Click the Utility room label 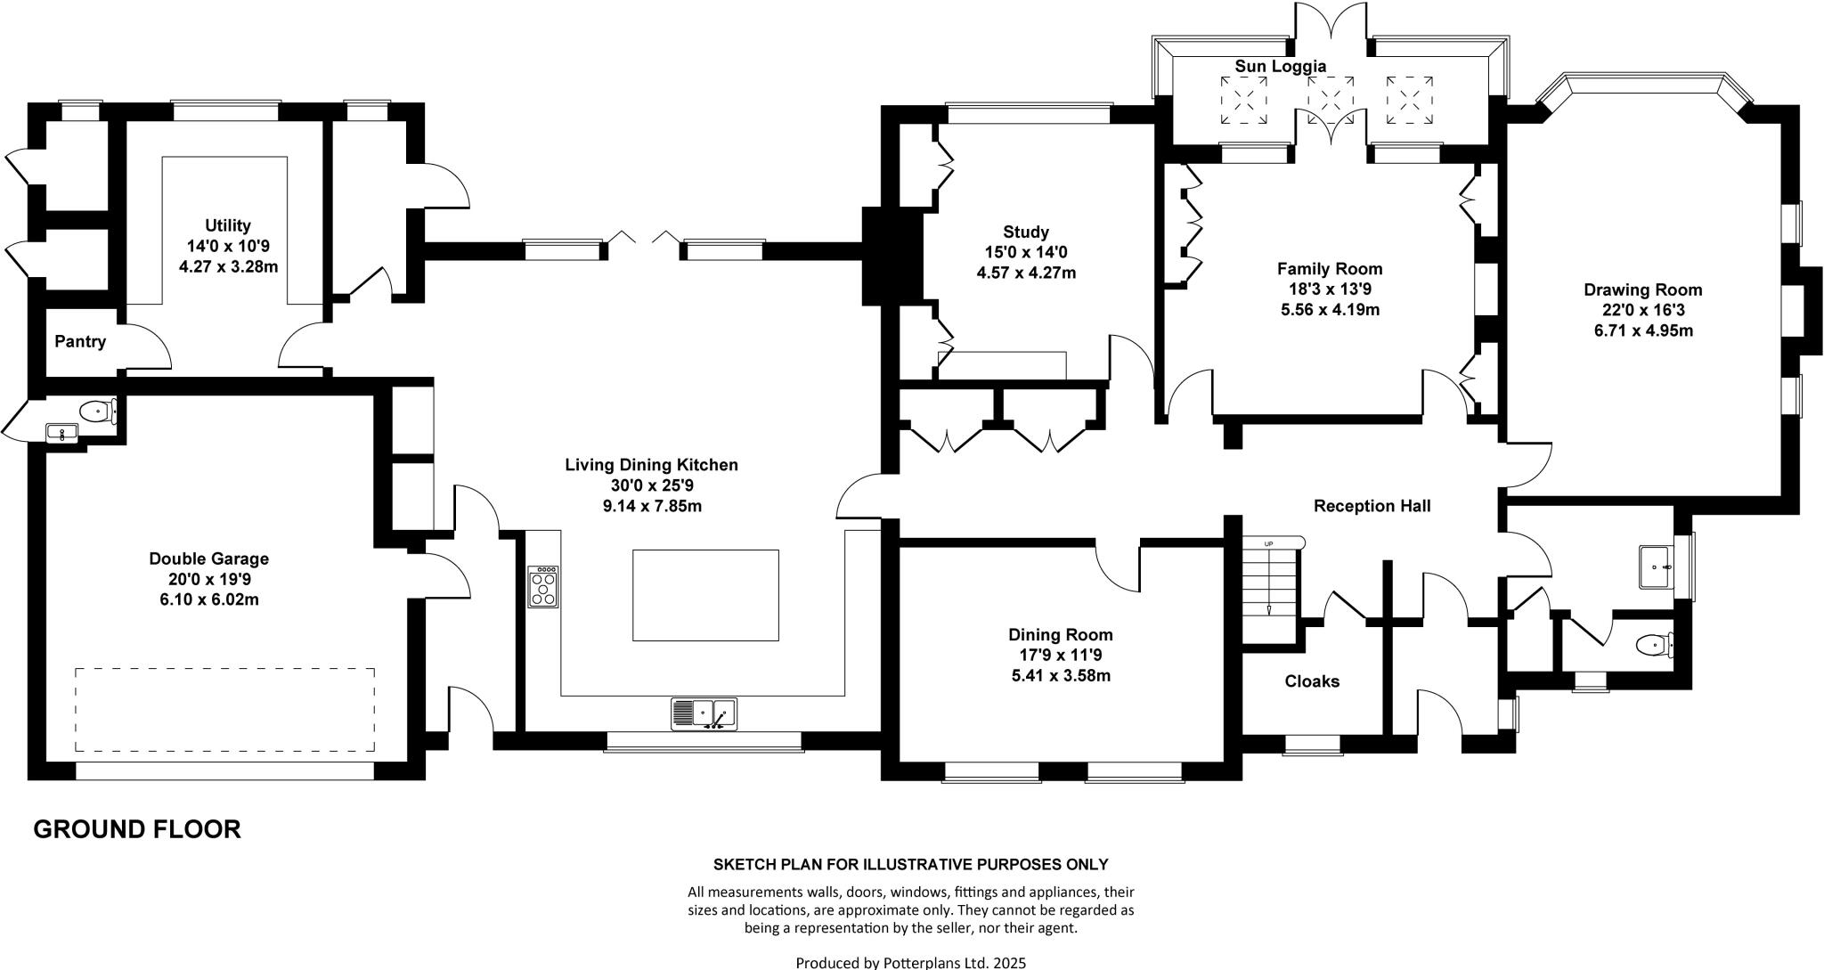point(228,226)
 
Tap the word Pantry point(80,341)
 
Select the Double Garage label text point(208,558)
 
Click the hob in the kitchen point(543,587)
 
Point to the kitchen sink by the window point(704,713)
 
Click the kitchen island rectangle point(705,595)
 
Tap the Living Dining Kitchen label point(651,465)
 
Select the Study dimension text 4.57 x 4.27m point(1026,273)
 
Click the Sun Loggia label point(1280,66)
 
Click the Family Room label point(1330,268)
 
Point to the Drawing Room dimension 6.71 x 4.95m point(1643,330)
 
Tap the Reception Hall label point(1372,506)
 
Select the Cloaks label point(1312,681)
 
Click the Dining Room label point(1060,635)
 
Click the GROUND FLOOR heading point(137,829)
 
